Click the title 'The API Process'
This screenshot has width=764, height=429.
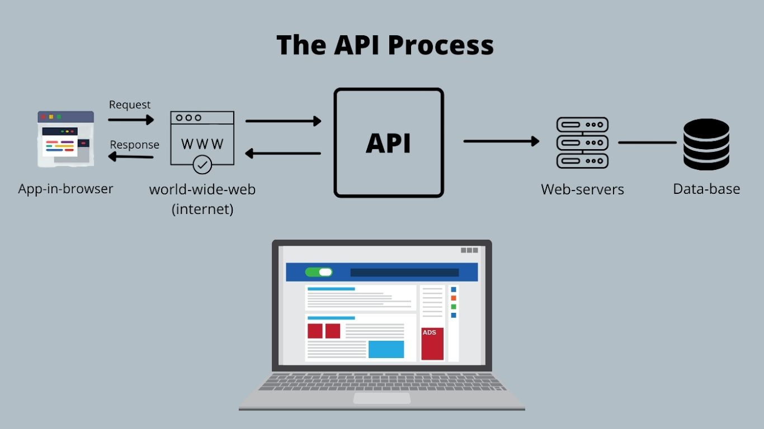click(385, 45)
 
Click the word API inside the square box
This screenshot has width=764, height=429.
click(388, 143)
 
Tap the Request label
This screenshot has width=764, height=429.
click(130, 104)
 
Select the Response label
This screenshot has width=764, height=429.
click(134, 145)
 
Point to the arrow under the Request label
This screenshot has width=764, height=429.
click(131, 120)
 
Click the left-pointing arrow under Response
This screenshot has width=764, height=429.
click(131, 157)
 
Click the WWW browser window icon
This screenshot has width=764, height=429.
click(202, 137)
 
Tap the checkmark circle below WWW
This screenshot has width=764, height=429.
click(202, 165)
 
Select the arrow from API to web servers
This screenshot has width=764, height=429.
click(501, 141)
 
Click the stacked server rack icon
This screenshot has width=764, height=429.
click(582, 143)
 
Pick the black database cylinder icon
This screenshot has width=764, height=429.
click(706, 144)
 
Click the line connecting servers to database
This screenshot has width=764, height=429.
click(647, 142)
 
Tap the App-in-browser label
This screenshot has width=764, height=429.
click(65, 189)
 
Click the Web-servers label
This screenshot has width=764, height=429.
click(582, 189)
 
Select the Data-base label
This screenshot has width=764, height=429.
click(706, 189)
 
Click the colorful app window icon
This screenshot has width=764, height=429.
click(65, 139)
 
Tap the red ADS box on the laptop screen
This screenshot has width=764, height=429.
click(432, 344)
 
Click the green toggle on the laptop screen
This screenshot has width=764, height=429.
click(319, 272)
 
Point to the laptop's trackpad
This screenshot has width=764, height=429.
click(381, 398)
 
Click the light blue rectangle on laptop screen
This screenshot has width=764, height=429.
click(386, 349)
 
